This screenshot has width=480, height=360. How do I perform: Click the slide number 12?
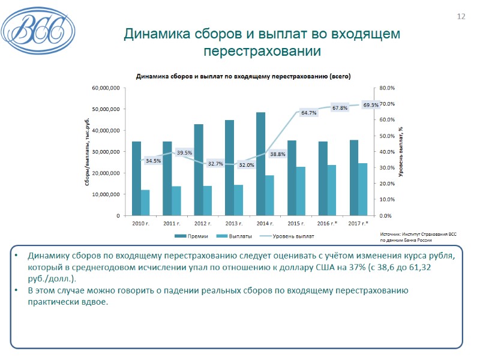coord(461,16)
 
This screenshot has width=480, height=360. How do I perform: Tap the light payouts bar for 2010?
coord(145,202)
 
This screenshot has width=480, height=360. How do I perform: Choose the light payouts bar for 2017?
coord(362,189)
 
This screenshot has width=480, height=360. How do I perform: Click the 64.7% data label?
coord(309,113)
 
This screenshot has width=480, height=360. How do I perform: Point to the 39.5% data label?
coord(184,153)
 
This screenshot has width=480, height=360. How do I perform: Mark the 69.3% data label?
coord(371,105)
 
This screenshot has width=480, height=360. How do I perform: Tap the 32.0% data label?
coord(247,165)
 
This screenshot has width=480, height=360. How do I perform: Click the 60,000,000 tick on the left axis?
coord(106,88)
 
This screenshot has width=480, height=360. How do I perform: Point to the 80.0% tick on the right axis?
coord(388,88)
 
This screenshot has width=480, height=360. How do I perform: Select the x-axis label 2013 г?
coord(233,223)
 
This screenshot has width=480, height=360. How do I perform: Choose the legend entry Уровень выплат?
coord(290,236)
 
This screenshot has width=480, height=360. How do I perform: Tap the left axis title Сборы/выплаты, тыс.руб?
coord(88,152)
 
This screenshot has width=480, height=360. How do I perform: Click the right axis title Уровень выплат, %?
coord(400,152)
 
